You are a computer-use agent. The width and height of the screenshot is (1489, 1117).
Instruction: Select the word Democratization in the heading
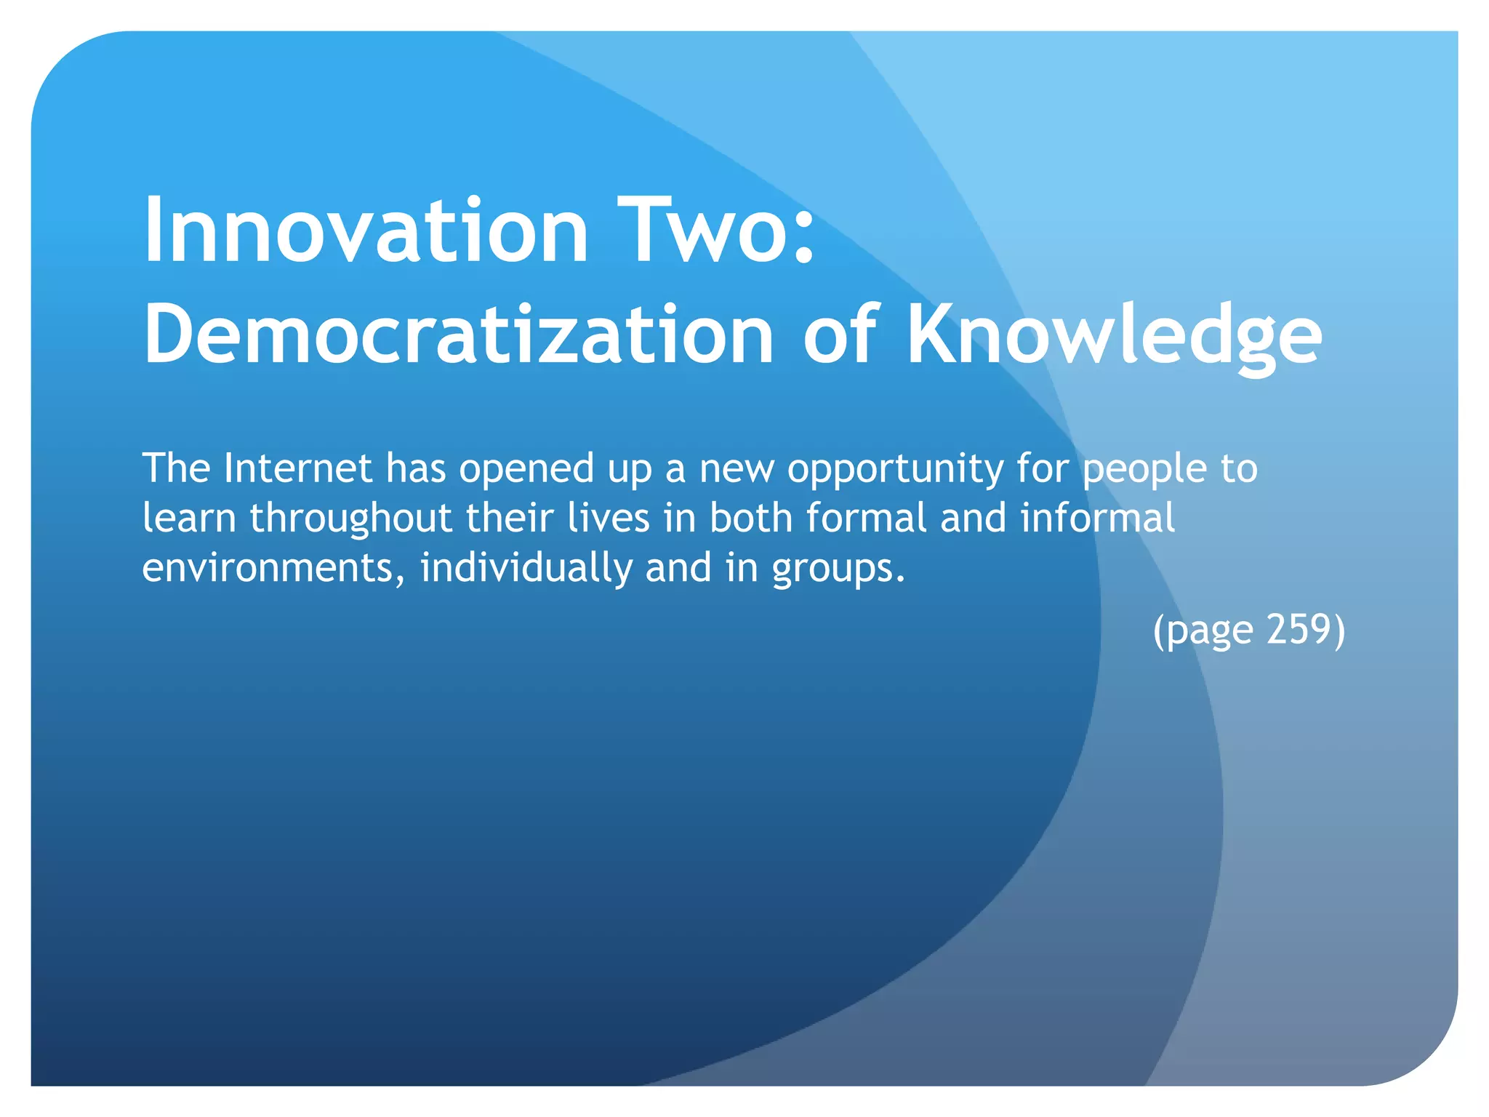(x=459, y=335)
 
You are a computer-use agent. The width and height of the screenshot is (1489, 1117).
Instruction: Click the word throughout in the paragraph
(x=351, y=518)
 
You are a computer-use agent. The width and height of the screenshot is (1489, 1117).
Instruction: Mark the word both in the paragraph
(x=751, y=518)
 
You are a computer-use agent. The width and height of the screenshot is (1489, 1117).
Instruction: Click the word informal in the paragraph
(x=1098, y=518)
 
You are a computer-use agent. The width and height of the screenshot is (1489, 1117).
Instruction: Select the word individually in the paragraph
(x=526, y=568)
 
